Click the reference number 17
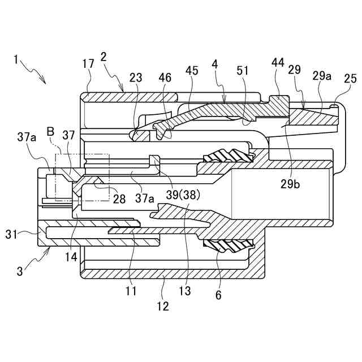(88, 64)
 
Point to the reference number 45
(192, 70)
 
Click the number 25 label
(350, 79)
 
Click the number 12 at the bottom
(163, 307)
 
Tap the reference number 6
(218, 295)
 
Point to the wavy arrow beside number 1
(34, 71)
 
